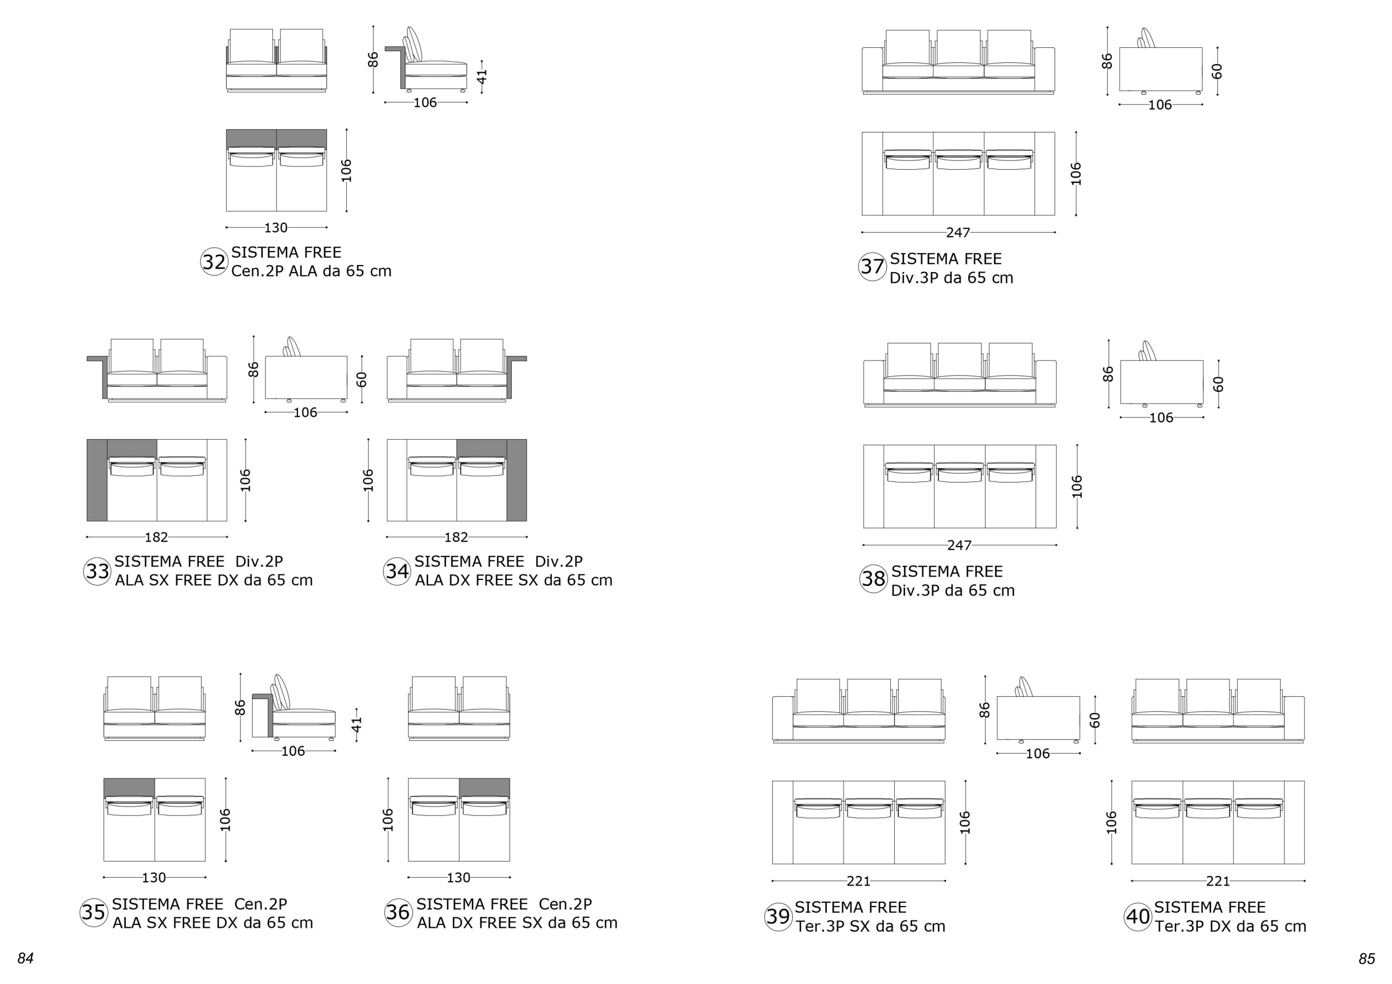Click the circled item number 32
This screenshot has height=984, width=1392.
214,262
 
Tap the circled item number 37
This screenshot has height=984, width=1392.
873,267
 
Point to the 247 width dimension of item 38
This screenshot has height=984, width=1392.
959,545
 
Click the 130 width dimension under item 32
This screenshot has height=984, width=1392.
276,228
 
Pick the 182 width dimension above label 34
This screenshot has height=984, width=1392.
456,538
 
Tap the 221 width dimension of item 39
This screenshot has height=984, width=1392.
859,881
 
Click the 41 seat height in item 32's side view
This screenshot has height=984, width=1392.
482,76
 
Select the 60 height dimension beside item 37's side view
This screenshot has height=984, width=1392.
1217,71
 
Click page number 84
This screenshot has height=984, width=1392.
26,958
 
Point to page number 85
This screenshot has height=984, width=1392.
1366,958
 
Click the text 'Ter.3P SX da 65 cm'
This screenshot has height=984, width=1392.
871,927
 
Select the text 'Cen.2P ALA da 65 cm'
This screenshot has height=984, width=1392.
312,271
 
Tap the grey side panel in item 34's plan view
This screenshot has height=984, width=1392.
517,480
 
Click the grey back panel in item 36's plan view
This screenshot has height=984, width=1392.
484,788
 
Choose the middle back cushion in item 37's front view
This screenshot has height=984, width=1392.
958,46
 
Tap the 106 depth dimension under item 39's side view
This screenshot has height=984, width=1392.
1038,754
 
